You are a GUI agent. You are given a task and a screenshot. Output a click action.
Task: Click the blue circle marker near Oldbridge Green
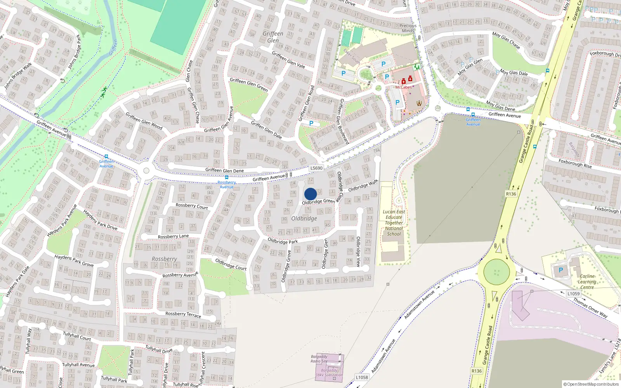310,194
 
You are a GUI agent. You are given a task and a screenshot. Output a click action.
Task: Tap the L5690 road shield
316,168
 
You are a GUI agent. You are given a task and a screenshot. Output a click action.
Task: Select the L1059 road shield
573,294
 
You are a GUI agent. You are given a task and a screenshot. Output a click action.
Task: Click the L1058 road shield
362,377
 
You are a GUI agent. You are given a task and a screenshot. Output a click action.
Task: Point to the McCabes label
403,87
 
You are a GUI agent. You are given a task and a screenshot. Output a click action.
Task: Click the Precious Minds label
408,28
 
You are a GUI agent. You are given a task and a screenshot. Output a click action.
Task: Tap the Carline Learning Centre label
587,282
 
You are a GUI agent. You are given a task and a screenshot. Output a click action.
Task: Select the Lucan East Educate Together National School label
394,223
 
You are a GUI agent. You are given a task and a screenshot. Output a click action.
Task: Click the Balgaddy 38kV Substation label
329,372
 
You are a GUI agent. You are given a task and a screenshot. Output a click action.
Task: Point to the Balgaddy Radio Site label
319,359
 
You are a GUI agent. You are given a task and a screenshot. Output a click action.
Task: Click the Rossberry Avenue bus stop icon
227,177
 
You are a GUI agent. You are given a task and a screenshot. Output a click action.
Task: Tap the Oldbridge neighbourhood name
304,218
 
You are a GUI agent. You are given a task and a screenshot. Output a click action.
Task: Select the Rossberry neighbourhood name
164,259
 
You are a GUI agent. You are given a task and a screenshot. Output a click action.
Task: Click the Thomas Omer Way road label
590,308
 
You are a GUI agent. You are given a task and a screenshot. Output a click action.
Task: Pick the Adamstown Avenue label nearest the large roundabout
420,305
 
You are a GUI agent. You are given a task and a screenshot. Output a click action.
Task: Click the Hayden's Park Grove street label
74,261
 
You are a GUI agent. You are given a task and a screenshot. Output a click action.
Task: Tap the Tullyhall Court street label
77,336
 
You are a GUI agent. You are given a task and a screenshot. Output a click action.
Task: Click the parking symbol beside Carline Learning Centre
560,270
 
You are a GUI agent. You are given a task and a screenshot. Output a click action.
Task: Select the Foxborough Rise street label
575,163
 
